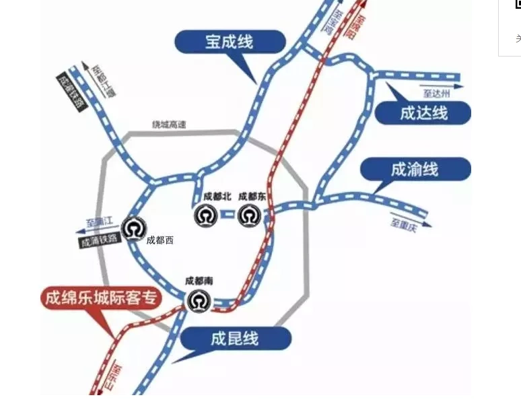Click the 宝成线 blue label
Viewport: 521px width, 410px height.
229,42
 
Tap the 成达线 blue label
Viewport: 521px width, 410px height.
423,112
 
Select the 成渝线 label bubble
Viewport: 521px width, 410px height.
415,168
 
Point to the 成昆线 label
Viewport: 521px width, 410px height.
234,337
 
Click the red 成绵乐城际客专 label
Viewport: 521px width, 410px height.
101,298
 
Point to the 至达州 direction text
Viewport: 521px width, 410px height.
436,94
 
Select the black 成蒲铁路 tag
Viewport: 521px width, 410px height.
99,240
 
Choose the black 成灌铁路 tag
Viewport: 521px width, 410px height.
72,91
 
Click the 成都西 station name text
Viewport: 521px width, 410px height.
160,240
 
